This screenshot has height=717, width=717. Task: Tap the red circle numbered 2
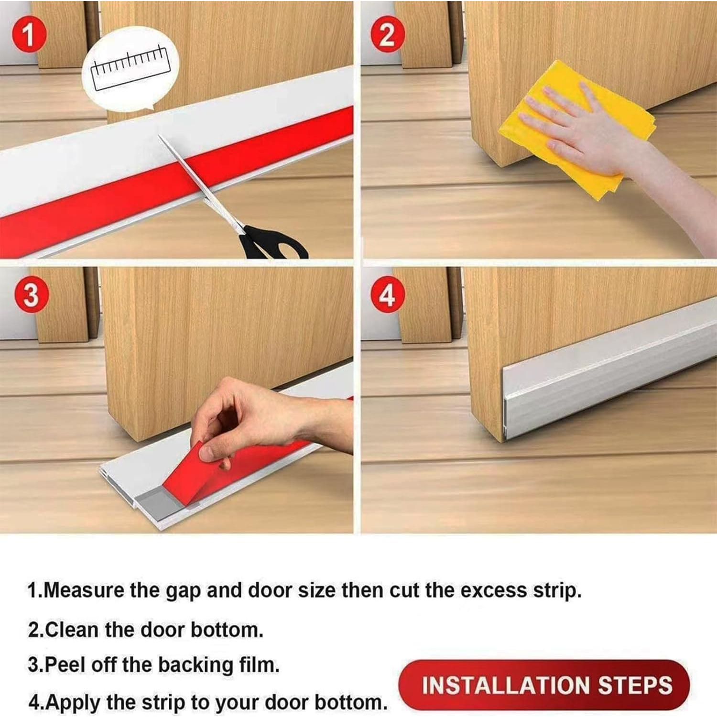(x=387, y=35)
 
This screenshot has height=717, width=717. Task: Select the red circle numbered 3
(x=31, y=295)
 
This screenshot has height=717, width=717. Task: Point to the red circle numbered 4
(x=387, y=295)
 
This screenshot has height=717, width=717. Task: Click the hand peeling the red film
(x=249, y=416)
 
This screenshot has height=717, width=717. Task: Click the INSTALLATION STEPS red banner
(x=545, y=685)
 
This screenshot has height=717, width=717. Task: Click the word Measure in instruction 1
(x=84, y=590)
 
